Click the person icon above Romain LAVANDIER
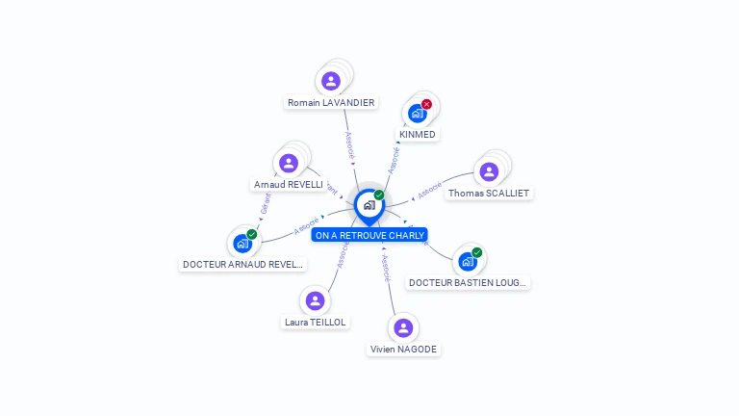point(331,81)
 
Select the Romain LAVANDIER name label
point(331,102)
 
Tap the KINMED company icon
point(417,114)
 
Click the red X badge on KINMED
point(426,104)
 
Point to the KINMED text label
point(418,135)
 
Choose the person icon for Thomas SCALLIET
point(489,172)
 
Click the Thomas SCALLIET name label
point(489,194)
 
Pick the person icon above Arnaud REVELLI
point(289,163)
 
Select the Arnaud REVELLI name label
point(287,184)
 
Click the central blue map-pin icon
point(369,205)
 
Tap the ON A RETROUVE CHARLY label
point(369,235)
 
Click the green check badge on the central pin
point(379,195)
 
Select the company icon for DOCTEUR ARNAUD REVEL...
point(242,244)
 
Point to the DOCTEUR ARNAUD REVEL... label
point(242,265)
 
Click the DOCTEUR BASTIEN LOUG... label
point(468,283)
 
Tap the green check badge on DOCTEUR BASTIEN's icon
point(477,252)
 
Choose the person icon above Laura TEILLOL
point(316,300)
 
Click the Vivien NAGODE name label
point(404,350)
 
